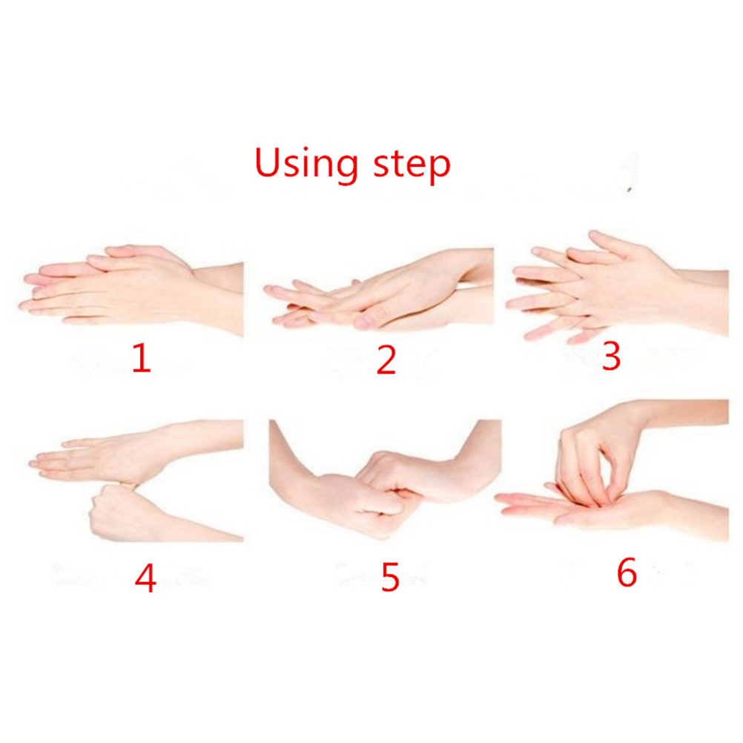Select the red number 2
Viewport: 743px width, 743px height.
(x=386, y=360)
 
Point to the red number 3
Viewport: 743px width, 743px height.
(x=611, y=356)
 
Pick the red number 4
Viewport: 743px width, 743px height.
(x=145, y=578)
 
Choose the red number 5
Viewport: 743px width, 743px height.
(x=390, y=577)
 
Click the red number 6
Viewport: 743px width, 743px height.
(x=627, y=572)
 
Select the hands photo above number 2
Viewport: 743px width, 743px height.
(x=379, y=289)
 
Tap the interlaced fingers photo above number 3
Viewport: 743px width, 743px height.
(x=617, y=287)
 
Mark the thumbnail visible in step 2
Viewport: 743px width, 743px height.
(x=363, y=322)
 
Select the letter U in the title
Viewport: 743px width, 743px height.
(x=268, y=162)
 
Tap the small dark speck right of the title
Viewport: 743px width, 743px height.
(x=630, y=190)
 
